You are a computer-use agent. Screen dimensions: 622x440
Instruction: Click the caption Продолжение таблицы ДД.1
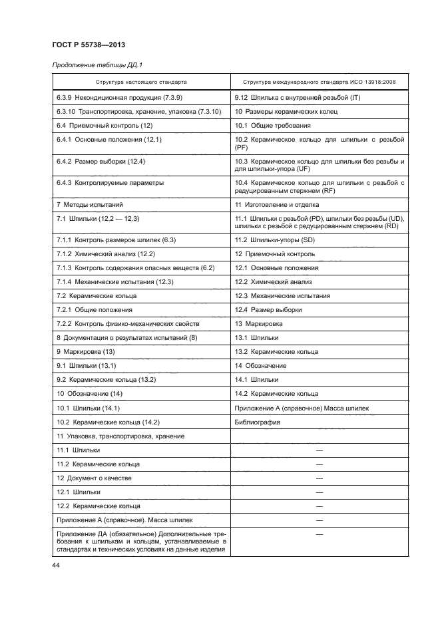click(95, 65)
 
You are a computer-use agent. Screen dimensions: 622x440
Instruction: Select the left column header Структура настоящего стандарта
click(140, 82)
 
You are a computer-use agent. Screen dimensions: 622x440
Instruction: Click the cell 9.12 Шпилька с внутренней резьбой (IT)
click(289, 98)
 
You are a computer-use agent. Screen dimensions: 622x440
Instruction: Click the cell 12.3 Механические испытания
click(283, 295)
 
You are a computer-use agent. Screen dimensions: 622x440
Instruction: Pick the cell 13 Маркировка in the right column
click(259, 323)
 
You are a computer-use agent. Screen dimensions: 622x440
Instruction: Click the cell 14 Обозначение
click(261, 365)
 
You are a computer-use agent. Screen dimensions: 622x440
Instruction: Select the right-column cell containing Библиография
click(258, 422)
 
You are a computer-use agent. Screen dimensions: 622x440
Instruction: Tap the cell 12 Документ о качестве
click(94, 478)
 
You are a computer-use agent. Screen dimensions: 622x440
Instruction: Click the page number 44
click(55, 566)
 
